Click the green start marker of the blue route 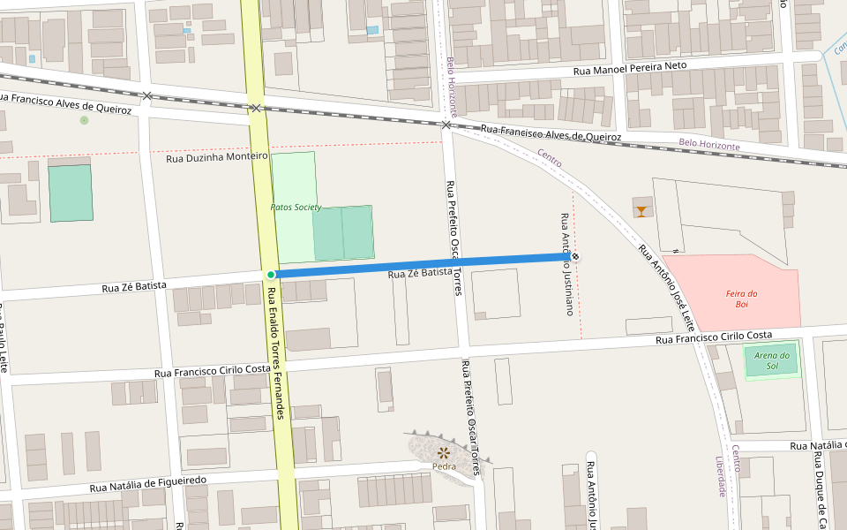point(271,274)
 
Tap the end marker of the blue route point(575,257)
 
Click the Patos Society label point(296,207)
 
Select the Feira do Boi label point(742,299)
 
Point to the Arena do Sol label point(772,360)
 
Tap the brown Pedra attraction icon point(444,452)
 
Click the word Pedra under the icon point(444,466)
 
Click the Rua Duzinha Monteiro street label point(216,157)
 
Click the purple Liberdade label point(721,477)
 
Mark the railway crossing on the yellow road point(255,108)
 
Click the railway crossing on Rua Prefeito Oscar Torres point(446,125)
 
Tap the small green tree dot point(84,120)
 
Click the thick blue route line point(423,265)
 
